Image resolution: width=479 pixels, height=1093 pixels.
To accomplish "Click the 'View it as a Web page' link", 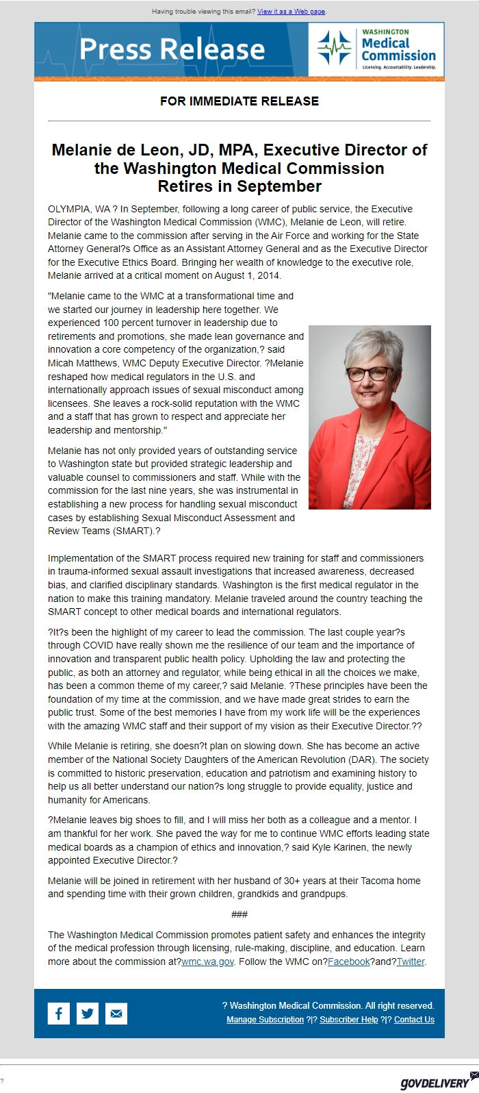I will pos(292,12).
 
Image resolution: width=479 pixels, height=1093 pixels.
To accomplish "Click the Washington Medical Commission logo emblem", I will pos(334,49).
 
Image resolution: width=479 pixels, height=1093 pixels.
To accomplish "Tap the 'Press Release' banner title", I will pos(172,49).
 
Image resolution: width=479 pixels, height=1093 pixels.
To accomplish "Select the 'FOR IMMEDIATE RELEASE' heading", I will pos(239,101).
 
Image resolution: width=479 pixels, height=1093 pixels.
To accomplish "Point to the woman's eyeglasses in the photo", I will pos(370,374).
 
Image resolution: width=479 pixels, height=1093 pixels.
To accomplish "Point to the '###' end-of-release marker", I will pos(239,914).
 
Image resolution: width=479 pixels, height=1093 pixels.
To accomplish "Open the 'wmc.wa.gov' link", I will pos(208,962).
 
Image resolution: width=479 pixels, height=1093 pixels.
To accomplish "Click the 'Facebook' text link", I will pos(349,962).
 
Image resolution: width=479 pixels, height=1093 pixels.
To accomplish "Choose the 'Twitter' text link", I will pos(411,962).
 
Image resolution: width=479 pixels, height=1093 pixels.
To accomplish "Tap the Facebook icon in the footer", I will pos(59,1013).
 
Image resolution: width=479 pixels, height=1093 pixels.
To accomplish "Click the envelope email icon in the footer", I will pos(116,1013).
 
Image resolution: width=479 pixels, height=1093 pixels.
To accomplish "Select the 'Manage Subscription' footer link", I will pos(265,1019).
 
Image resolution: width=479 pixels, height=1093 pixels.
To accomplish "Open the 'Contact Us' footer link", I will pos(414,1019).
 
